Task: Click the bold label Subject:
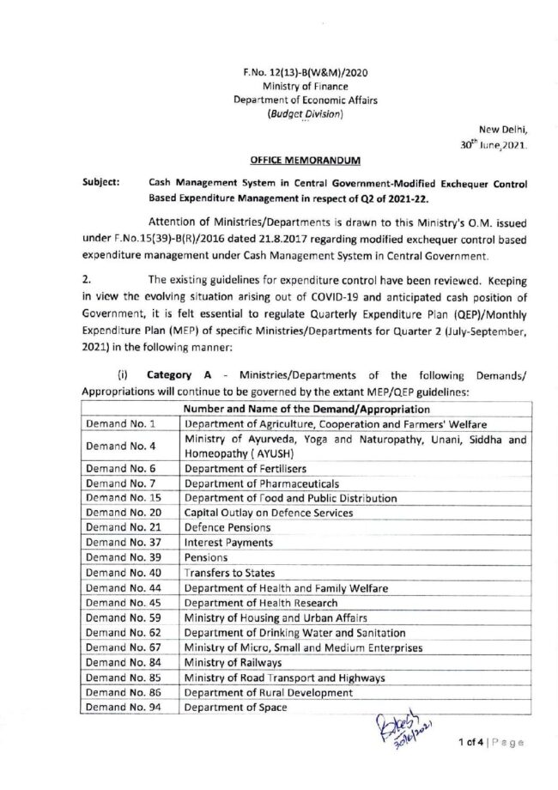[x=100, y=183]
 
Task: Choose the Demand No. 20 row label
[x=124, y=513]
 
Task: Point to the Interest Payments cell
[x=229, y=543]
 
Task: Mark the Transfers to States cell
[x=230, y=573]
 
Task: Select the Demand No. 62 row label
[x=124, y=633]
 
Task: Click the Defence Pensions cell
[x=227, y=527]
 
